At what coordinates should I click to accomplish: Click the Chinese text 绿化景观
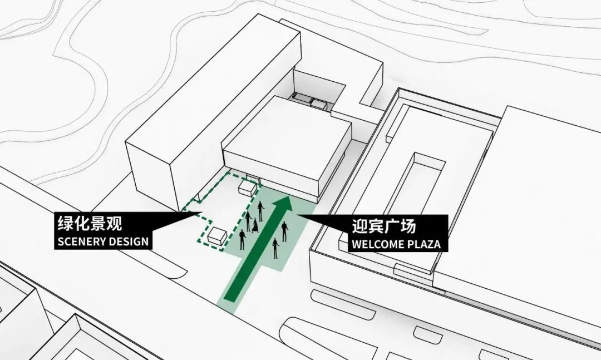coord(90,223)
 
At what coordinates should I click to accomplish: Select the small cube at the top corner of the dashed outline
coord(247,188)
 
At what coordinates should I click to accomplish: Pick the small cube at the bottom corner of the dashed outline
coord(218,235)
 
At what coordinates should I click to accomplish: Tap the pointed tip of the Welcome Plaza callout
coord(298,215)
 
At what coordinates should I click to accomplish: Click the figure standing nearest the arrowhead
coord(260,211)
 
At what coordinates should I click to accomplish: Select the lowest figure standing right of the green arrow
coord(275,248)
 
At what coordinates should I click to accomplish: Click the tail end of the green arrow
coord(230,297)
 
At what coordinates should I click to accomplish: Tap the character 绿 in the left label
coord(66,223)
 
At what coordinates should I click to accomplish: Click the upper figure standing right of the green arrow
coord(284,231)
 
